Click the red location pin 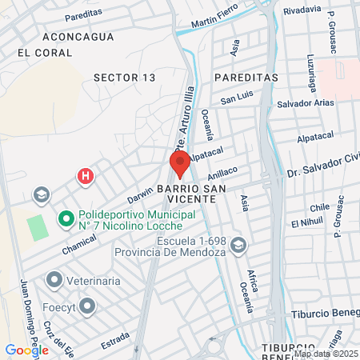(x=179, y=162)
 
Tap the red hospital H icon (x=84, y=175)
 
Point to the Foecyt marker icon (x=86, y=305)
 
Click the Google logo (x=26, y=350)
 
